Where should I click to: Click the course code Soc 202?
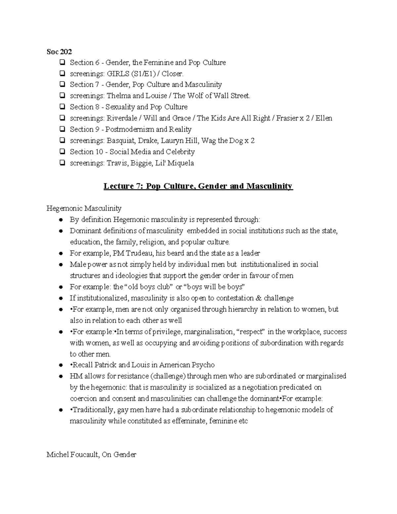(x=59, y=52)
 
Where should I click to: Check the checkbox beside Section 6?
(x=62, y=63)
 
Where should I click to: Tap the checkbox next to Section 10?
(x=62, y=152)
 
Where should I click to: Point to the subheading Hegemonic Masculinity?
(x=84, y=209)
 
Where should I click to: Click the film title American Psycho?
(x=187, y=365)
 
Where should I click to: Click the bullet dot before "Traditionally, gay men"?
(x=61, y=410)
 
